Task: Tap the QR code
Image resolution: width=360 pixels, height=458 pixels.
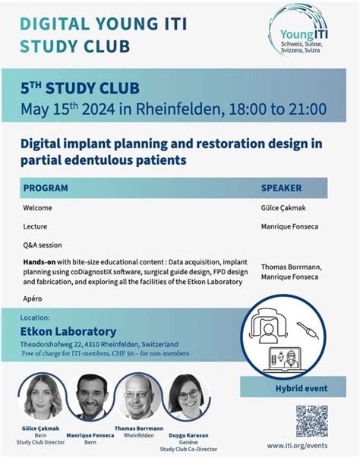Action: (x=311, y=420)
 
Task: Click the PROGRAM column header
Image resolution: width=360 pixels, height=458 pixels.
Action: (x=46, y=188)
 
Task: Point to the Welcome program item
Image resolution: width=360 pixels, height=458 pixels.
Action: (x=38, y=207)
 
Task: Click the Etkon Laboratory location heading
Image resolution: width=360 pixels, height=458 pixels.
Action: (x=68, y=331)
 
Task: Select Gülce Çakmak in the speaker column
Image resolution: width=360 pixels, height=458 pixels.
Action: (x=285, y=207)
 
